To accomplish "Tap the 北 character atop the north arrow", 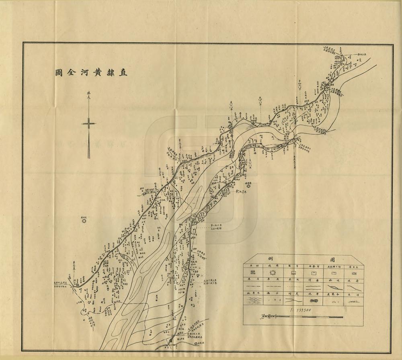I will coord(89,95).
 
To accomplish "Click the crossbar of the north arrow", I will coord(89,124).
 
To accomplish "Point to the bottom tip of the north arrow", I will coord(89,157).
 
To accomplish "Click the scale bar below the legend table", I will coord(301,317).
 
